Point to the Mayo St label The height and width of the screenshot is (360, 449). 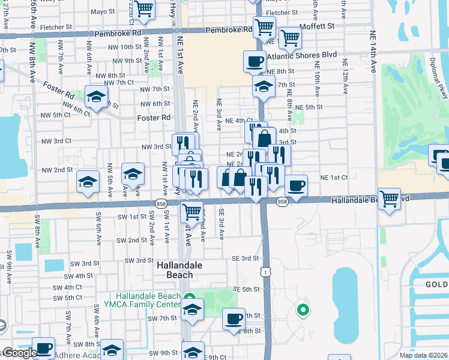tap(103, 11)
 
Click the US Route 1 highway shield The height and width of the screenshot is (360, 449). tap(264, 272)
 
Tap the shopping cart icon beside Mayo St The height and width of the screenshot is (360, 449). tap(144, 8)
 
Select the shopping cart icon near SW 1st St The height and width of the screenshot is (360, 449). tap(191, 211)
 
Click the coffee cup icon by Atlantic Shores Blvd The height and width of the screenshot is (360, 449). tap(255, 61)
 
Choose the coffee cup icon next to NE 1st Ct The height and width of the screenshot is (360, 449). tap(295, 185)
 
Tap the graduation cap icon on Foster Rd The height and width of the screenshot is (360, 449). tap(96, 97)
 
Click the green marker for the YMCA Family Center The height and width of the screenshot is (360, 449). tap(190, 297)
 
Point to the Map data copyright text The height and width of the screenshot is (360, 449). tap(423, 355)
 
